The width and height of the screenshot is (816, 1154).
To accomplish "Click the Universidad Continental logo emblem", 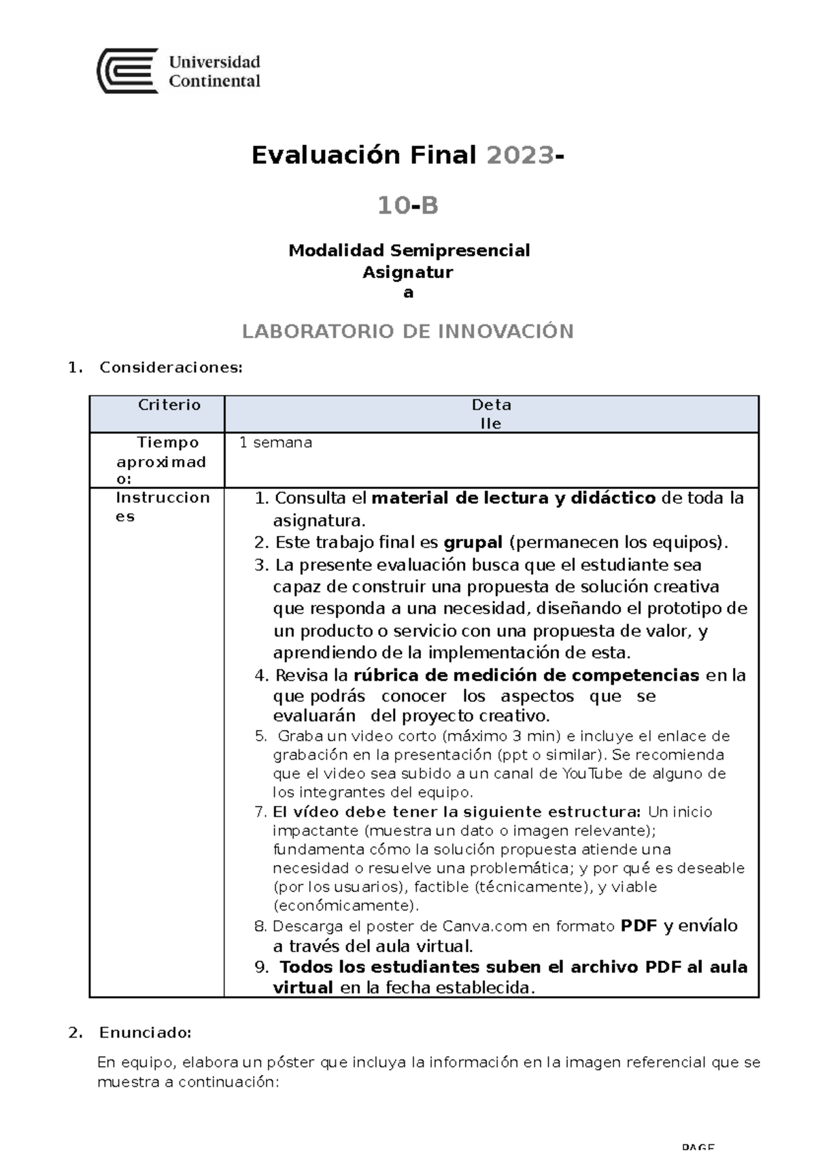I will point(128,71).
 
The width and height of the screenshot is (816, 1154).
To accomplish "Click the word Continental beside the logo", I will point(214,82).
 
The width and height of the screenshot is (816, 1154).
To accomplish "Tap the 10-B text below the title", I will point(408,205).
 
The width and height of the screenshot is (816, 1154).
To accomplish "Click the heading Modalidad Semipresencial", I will point(409,250).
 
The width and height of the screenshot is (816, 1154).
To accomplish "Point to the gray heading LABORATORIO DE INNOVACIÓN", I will point(408,331).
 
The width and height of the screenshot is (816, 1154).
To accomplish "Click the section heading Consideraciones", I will point(170,368).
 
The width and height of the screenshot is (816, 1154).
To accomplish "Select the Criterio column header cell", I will point(169,405).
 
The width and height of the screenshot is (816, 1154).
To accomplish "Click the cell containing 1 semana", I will point(275,443).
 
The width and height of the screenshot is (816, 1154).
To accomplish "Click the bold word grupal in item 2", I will point(473,543).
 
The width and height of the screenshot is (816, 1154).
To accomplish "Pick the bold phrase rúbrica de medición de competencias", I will point(526,675).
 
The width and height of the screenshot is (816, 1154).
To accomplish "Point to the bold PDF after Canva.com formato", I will point(639,926).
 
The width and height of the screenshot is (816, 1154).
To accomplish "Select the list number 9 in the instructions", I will point(261,968).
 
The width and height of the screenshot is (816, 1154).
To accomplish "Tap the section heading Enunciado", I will point(145,1033).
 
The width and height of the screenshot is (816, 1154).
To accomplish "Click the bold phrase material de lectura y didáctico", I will point(513,498).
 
